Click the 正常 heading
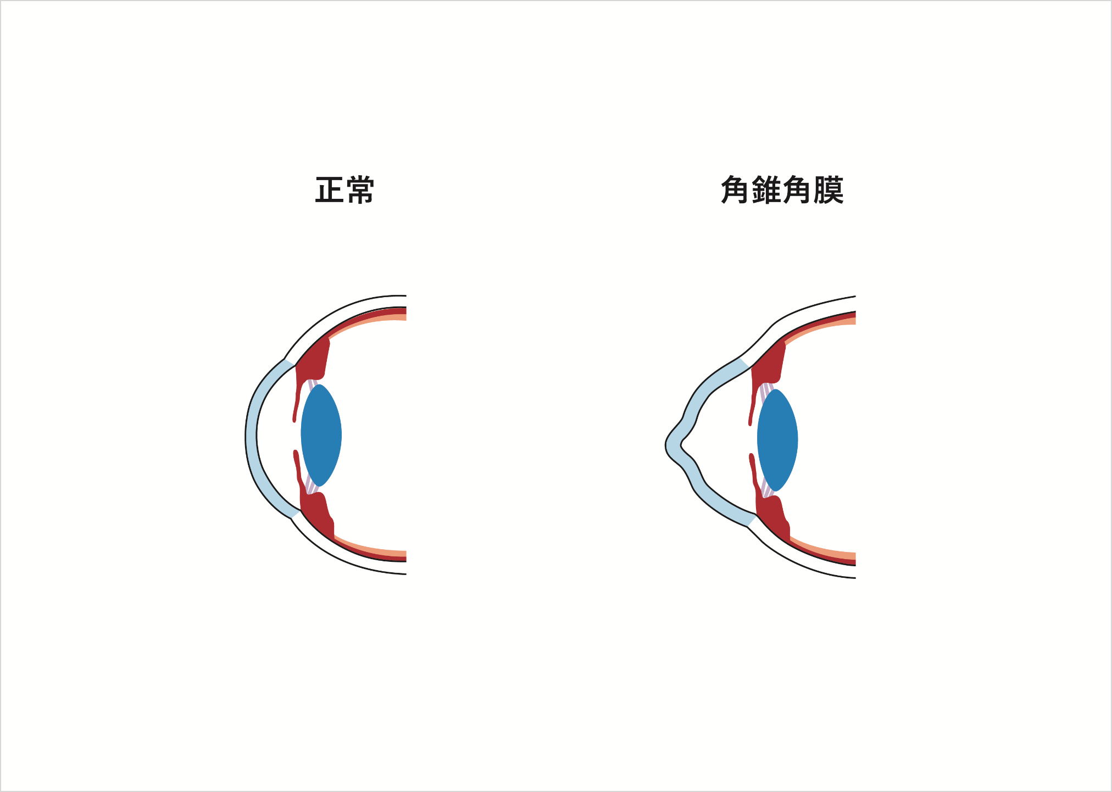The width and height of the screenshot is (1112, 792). (344, 190)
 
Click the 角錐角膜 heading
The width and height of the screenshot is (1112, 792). (782, 190)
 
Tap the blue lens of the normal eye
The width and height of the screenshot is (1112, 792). (321, 435)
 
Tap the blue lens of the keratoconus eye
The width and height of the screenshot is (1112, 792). (777, 440)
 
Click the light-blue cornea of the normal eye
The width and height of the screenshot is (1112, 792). (252, 437)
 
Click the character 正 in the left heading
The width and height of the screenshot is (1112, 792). (330, 190)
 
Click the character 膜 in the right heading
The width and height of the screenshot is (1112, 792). (829, 190)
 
